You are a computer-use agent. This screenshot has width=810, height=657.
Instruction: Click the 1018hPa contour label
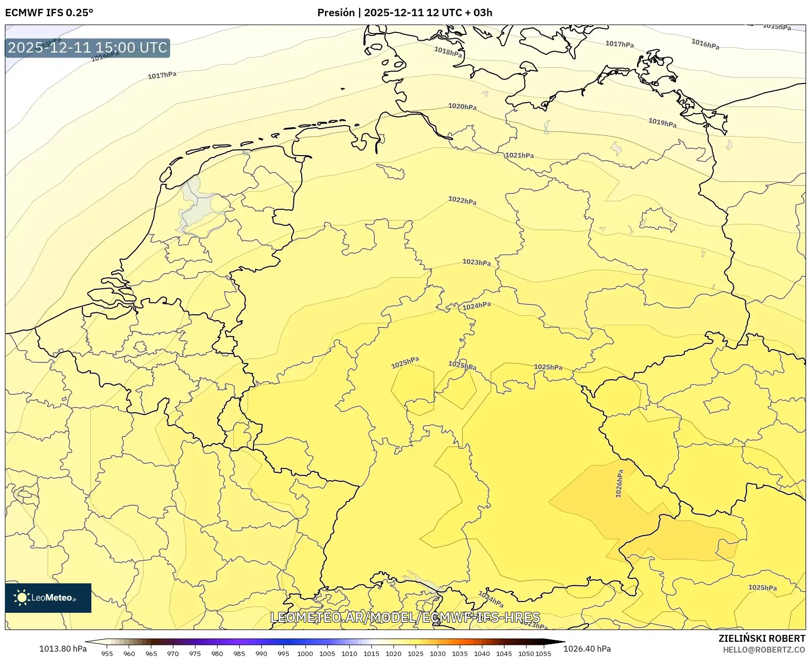447,52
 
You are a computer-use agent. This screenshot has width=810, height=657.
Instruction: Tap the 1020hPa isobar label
462,107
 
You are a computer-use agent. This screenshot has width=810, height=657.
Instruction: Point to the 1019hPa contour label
662,123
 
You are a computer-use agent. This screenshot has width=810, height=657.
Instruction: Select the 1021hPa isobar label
519,155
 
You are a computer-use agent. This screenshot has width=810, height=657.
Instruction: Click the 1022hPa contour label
462,200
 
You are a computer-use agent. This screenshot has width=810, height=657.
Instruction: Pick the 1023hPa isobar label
476,262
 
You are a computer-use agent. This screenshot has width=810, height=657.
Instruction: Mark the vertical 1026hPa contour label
619,484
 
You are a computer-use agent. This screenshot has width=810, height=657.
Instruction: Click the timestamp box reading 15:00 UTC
87,48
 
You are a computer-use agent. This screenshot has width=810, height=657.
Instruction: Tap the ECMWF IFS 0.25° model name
49,13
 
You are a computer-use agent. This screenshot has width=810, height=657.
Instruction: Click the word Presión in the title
336,13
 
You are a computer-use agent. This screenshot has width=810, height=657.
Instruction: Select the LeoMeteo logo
48,598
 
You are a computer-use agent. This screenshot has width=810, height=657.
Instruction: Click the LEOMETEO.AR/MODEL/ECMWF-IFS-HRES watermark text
405,617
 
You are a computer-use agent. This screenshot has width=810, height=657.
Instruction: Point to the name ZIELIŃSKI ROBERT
762,638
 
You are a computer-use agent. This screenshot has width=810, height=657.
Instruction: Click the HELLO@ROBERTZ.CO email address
764,649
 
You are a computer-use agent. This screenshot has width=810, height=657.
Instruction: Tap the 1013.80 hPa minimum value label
63,649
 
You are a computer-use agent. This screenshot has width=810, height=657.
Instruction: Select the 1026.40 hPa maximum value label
587,649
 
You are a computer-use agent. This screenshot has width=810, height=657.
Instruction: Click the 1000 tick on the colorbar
305,654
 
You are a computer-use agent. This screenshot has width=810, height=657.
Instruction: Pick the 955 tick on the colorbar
107,654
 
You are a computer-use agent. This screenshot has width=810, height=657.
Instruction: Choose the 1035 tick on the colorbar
460,654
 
